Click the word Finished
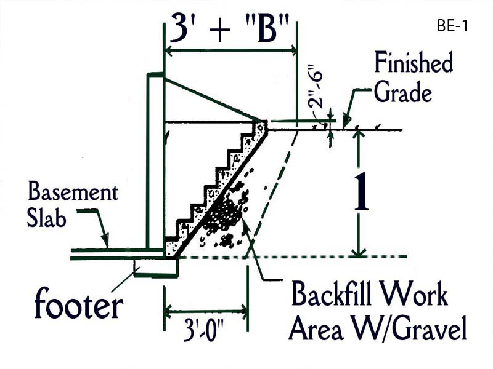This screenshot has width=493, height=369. coord(414,63)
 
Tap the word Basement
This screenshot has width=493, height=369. coord(73,193)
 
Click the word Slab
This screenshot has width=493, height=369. coord(47,220)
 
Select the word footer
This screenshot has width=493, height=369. coord(78,305)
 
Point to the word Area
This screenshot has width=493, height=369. coord(319,330)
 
